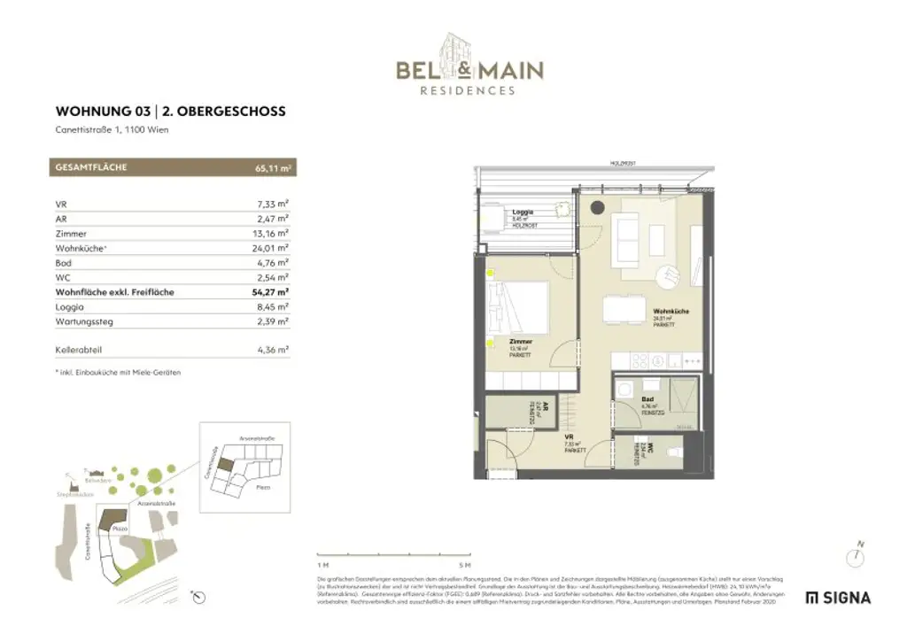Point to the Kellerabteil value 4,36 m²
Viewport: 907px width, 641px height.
click(271, 351)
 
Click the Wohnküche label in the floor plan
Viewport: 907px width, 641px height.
click(671, 313)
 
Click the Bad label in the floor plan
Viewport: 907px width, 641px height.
click(647, 398)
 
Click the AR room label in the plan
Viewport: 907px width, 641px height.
click(547, 408)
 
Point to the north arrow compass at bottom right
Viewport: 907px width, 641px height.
click(855, 555)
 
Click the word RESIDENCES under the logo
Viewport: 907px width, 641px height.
click(469, 90)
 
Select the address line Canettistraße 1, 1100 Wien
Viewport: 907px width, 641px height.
click(112, 130)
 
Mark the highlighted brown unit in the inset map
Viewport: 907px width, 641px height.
click(227, 464)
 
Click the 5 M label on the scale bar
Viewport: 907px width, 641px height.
click(465, 564)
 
